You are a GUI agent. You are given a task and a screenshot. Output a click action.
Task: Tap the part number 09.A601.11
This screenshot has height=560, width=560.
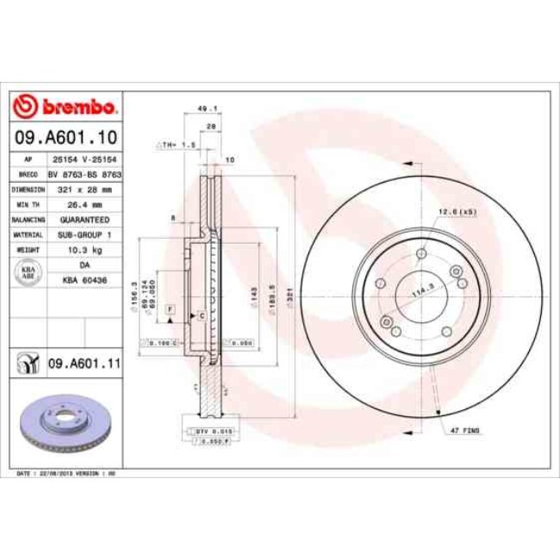coord(83,364)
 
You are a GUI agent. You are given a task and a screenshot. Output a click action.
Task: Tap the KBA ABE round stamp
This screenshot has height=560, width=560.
coord(28,272)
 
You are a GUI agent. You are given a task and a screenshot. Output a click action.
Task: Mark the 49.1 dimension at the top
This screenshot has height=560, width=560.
coord(206,109)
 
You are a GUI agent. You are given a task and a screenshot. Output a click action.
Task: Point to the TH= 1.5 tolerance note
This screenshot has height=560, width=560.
coord(177,145)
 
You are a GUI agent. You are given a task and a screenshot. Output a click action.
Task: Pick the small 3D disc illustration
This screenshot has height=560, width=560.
coord(65,426)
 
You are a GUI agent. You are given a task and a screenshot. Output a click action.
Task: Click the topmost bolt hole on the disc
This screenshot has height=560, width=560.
coord(420,254)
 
